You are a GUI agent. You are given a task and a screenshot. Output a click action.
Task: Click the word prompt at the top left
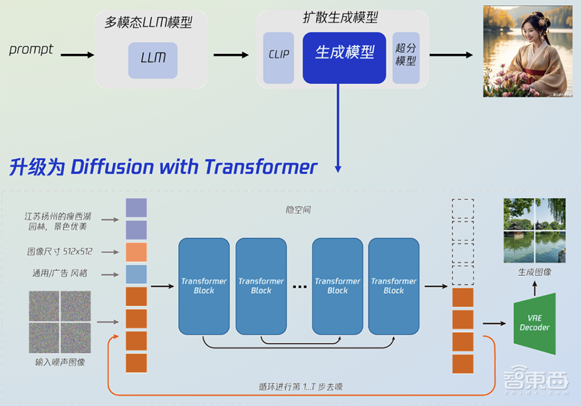click(31, 49)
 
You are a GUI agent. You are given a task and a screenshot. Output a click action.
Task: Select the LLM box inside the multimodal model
click(153, 58)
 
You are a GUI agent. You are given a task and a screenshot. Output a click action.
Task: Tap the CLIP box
click(279, 55)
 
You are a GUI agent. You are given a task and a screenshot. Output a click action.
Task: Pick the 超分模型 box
click(406, 56)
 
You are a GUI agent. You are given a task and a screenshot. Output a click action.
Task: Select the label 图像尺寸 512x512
click(59, 252)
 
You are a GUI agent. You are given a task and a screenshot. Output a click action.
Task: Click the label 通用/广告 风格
click(60, 273)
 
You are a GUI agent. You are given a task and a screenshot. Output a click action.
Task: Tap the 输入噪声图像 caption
click(60, 362)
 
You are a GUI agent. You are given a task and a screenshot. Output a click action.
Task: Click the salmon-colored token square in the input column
click(136, 252)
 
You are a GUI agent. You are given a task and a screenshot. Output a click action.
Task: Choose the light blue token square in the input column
click(136, 274)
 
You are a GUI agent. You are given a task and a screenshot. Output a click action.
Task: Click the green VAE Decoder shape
click(535, 324)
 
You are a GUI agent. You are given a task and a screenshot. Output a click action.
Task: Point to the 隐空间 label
click(298, 210)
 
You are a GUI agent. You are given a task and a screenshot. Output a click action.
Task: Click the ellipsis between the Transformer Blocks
click(299, 286)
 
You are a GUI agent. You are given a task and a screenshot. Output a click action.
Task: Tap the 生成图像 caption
click(535, 272)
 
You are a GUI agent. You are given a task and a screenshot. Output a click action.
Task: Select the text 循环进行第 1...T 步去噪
click(304, 386)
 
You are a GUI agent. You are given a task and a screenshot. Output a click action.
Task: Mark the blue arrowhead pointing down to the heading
click(338, 168)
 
